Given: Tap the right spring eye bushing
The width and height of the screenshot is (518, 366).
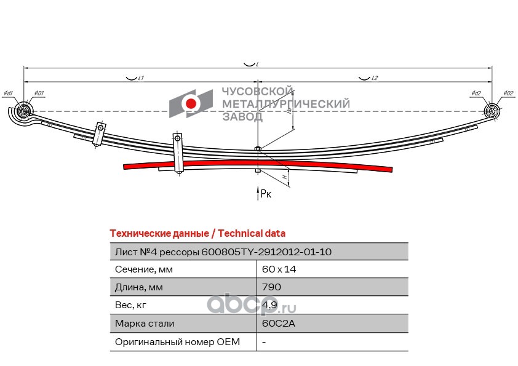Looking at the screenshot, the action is click(x=492, y=111).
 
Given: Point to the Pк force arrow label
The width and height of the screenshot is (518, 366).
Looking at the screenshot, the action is click(x=265, y=194).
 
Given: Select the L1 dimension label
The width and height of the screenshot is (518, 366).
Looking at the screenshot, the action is click(x=141, y=78).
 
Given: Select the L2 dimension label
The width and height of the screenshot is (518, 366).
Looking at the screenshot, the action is click(x=375, y=78).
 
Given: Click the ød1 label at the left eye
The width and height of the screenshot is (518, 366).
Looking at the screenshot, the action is click(x=8, y=93).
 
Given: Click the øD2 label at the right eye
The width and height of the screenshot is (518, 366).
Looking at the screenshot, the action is click(x=508, y=93).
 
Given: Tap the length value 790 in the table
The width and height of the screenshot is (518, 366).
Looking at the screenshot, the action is click(x=271, y=287).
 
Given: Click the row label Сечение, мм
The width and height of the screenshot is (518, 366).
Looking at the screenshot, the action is click(x=143, y=269).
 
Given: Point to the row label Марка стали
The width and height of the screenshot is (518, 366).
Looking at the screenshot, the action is click(x=145, y=323).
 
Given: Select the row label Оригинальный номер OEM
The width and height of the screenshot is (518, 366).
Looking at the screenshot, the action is click(x=177, y=341).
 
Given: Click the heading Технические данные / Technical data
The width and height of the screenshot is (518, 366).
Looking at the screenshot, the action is click(x=197, y=233).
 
